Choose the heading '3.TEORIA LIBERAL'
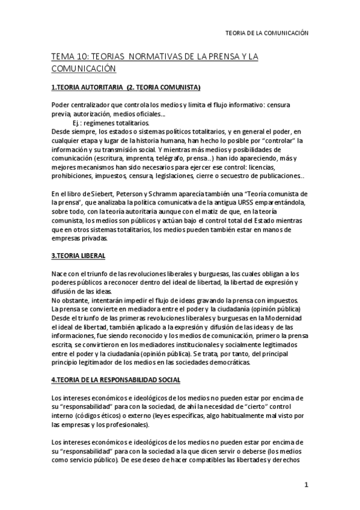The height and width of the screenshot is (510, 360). pos(78,256)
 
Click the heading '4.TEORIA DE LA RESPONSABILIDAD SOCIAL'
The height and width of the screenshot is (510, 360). pos(115,381)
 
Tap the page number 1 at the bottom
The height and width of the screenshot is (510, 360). pos(306,485)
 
